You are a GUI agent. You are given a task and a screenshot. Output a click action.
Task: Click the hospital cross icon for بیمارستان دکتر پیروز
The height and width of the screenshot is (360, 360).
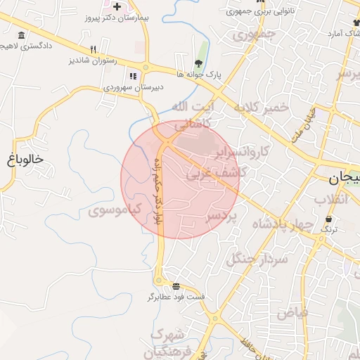click(x=117, y=6)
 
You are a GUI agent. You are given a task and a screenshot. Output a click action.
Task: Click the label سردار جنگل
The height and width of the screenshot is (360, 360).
click(x=257, y=259)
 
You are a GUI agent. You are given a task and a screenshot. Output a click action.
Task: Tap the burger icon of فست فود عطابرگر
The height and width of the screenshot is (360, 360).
click(x=175, y=287)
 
